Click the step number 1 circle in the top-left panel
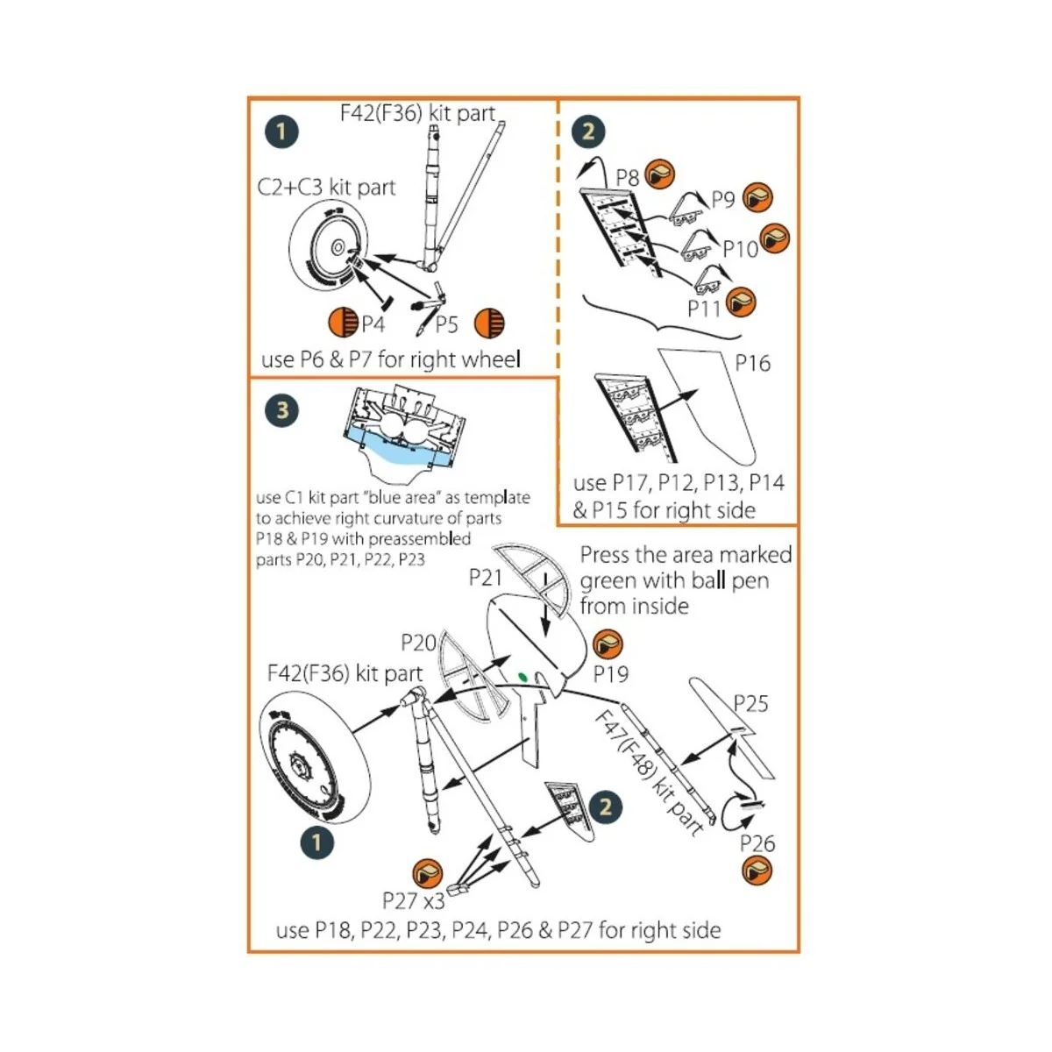(x=281, y=131)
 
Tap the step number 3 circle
(x=281, y=410)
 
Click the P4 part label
(x=373, y=325)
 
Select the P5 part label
(x=446, y=325)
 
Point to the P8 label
(x=627, y=179)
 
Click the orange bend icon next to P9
(x=757, y=197)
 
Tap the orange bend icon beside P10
(x=775, y=238)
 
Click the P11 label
(x=703, y=309)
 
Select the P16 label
(x=752, y=363)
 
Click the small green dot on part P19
(x=523, y=676)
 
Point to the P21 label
(x=485, y=577)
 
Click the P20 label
(x=418, y=643)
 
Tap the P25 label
(x=750, y=704)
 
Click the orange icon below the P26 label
(x=757, y=871)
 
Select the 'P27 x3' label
(x=413, y=900)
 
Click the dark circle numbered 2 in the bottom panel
(x=605, y=807)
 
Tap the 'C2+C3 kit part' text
(x=326, y=187)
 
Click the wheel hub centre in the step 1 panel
(x=338, y=248)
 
